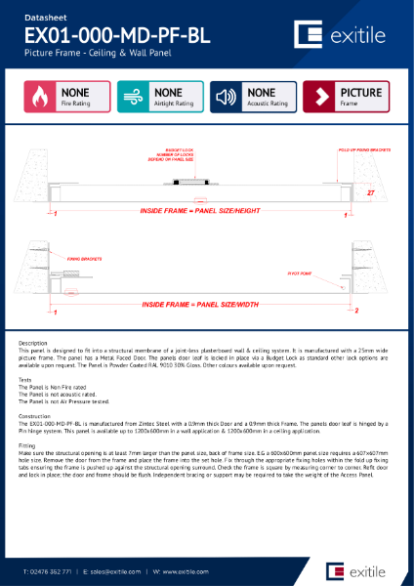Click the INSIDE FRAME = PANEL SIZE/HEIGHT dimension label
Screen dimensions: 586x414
(200, 210)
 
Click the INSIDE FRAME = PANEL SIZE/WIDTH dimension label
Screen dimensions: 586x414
(200, 305)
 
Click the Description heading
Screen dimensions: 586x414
(32, 344)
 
